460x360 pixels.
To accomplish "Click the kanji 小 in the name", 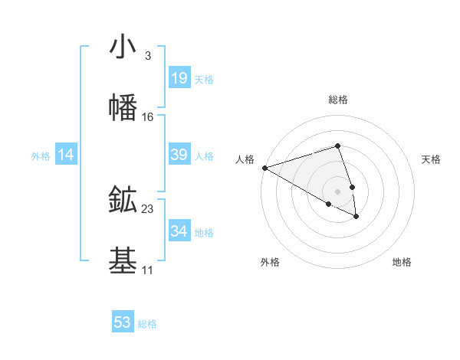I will pos(123,47).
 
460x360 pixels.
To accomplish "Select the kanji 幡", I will pos(123,108).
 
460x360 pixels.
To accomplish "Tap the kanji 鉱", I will pos(123,200).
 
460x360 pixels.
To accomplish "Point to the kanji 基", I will pos(123,261).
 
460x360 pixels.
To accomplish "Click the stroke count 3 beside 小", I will pos(147,56).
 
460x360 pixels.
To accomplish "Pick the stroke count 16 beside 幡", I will pos(148,117).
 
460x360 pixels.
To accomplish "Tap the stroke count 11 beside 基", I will pos(147,270).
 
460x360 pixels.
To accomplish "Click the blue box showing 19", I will pos(179,77).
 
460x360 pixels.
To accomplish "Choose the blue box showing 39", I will pos(179,155).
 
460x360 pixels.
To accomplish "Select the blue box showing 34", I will pos(179,231).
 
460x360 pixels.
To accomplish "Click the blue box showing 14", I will pos(66,155).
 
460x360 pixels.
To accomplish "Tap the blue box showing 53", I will pos(123,322).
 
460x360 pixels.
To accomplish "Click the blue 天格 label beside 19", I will pos(204,79).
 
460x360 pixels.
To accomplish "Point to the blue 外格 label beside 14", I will pos(41,156).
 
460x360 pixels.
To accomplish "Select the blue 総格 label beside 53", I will pos(147,324).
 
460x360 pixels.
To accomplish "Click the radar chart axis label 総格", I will pos(338,100).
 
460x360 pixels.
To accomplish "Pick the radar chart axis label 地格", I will pos(402,262).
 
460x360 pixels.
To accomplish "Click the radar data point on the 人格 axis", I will pos(264,168).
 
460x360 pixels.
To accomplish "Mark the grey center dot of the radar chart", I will pos(338,191).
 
